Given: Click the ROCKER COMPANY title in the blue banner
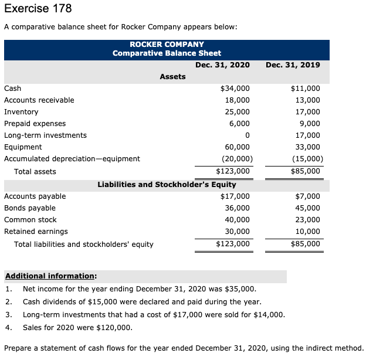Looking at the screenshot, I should click(x=167, y=44).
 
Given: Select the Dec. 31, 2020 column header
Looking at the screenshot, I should click(x=222, y=64).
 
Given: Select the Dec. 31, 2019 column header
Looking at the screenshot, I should click(x=293, y=64).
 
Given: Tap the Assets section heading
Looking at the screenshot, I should click(x=172, y=76).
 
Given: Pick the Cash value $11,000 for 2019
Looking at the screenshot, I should click(x=306, y=88).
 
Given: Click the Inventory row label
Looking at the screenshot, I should click(x=21, y=111).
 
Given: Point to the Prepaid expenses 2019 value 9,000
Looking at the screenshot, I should click(x=309, y=123).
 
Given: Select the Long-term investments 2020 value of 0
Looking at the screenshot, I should click(x=248, y=135).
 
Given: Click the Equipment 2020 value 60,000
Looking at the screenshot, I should click(x=238, y=147).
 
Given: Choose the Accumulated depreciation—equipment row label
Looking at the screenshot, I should click(x=72, y=158).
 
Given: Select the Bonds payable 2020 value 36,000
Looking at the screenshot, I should click(x=238, y=208).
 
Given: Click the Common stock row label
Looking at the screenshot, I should click(x=30, y=220).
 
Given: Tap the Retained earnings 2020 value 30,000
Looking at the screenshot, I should click(x=238, y=232).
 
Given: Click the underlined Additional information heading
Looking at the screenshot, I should click(x=51, y=276).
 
